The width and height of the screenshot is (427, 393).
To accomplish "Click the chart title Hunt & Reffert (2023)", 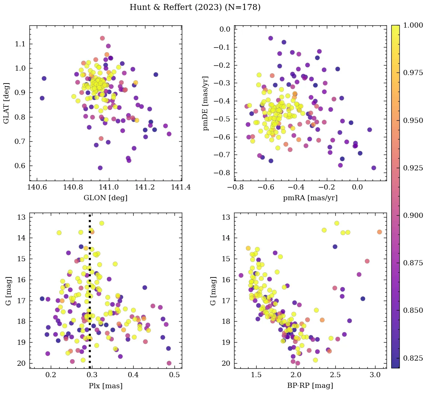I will (195, 7).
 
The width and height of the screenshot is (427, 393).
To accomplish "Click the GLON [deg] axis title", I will (106, 198).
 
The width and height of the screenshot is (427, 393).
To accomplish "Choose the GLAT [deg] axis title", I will (6, 103).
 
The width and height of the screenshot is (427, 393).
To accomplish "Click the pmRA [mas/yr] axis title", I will (310, 198).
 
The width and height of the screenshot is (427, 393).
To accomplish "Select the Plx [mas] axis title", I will (106, 386).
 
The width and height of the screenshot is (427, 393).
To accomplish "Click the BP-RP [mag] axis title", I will (310, 386).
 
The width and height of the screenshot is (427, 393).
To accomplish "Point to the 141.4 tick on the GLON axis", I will (181, 188).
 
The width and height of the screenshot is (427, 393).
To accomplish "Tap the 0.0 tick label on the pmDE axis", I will (225, 29).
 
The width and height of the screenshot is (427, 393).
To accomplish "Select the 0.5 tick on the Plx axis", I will (175, 375).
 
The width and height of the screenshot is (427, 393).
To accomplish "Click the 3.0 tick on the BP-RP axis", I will (375, 375).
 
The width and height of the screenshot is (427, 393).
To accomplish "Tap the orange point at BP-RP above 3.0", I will (380, 232).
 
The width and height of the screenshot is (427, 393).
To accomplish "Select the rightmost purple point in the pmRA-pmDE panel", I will (374, 168).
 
